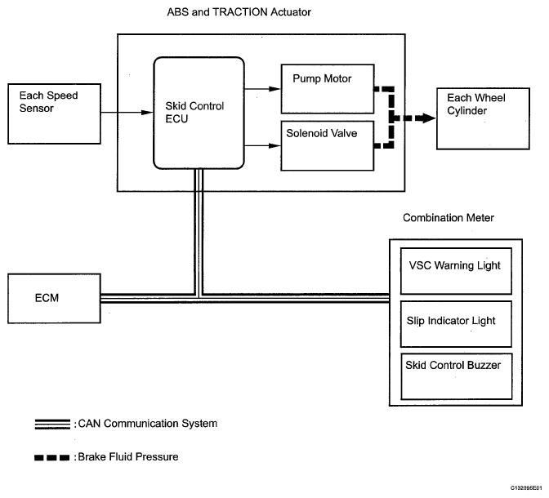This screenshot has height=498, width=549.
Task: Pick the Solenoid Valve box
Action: [327, 145]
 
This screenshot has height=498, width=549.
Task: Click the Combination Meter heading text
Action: [448, 218]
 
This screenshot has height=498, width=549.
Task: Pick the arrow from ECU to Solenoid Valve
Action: [262, 146]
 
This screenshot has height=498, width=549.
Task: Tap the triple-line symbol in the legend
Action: [51, 425]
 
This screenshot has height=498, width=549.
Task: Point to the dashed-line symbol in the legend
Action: [51, 457]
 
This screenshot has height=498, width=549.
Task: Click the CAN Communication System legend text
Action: [148, 424]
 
